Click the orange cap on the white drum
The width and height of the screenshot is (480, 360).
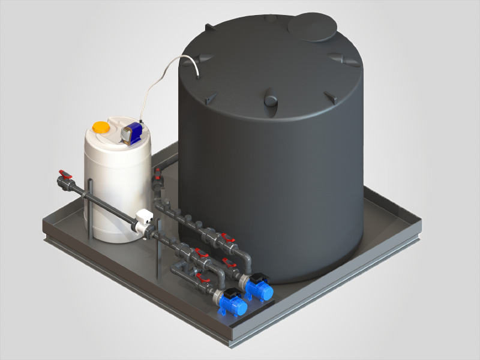pos(101,127)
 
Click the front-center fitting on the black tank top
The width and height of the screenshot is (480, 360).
pos(271,97)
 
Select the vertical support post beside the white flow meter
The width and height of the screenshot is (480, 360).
pos(158,252)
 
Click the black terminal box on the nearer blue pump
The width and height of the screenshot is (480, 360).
pos(228,293)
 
